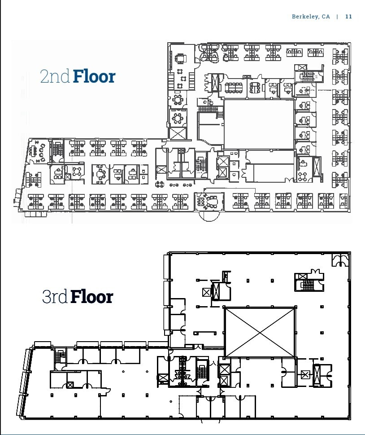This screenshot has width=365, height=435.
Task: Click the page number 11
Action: (348, 17)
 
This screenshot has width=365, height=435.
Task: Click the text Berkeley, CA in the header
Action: (311, 17)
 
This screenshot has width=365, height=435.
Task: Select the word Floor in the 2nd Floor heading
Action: (94, 76)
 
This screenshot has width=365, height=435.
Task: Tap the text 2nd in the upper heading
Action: (55, 77)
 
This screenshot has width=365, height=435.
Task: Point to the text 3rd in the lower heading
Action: (55, 297)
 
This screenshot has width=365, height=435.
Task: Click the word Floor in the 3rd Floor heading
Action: (92, 297)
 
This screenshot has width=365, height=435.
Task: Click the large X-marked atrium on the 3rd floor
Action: (260, 332)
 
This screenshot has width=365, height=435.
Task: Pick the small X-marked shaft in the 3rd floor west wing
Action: (70, 385)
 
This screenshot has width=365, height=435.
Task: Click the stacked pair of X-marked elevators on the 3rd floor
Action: (223, 375)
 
